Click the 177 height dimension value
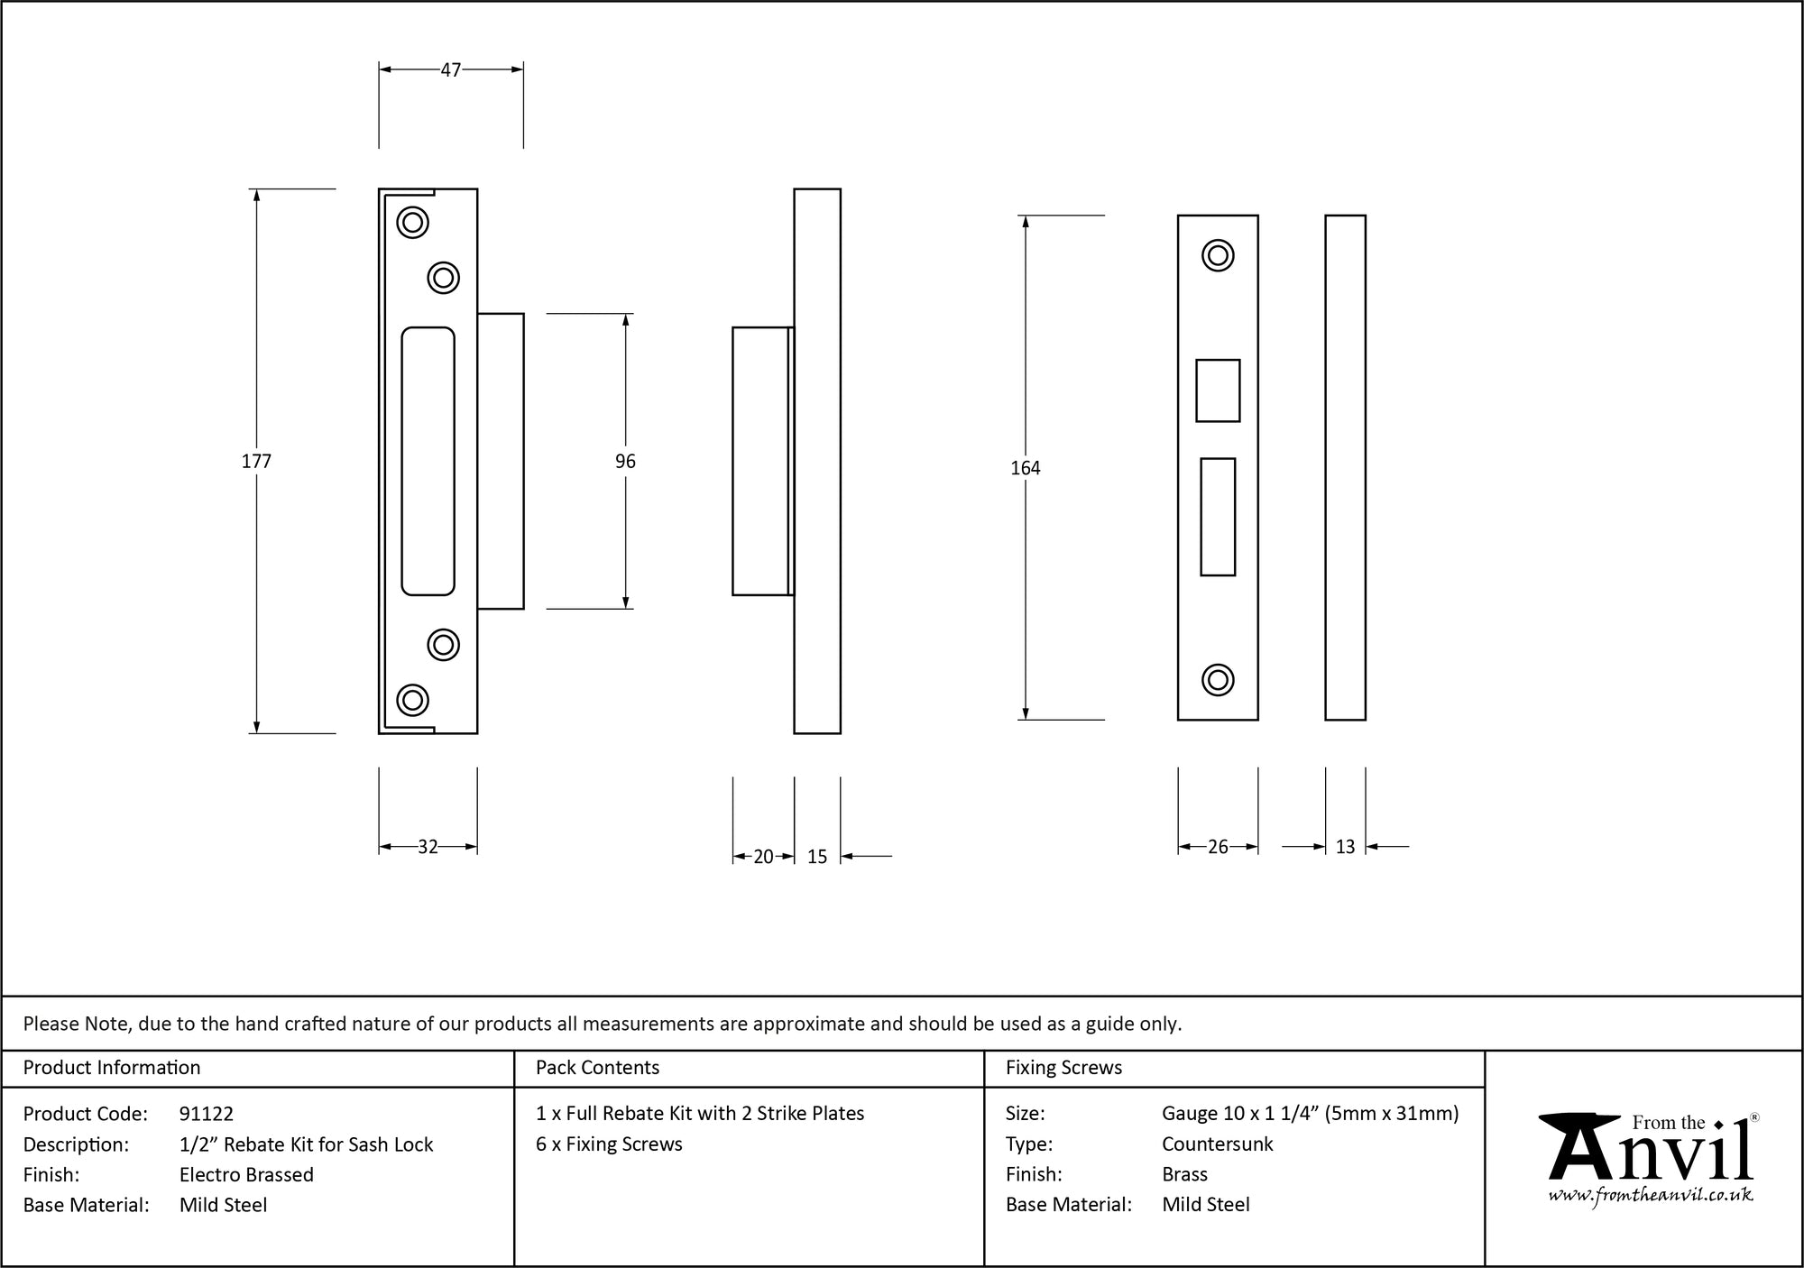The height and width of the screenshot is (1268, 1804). click(256, 462)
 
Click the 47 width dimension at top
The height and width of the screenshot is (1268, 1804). click(451, 69)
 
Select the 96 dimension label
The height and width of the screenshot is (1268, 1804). click(625, 462)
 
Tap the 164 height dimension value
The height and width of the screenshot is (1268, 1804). click(1026, 468)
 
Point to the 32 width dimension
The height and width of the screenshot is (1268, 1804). click(428, 847)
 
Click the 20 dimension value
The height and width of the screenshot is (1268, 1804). click(763, 857)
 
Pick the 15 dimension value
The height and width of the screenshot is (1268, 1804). click(817, 857)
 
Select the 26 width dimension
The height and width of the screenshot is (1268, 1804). click(1218, 847)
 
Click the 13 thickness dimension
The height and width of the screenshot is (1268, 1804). click(1345, 847)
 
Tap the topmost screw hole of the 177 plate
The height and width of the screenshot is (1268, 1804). click(413, 222)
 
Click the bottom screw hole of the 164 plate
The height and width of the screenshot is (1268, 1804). click(1218, 679)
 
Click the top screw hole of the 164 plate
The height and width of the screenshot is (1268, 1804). click(1218, 255)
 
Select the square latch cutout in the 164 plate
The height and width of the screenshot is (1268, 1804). click(1218, 391)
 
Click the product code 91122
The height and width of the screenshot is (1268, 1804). click(207, 1114)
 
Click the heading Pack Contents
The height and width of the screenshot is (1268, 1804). click(597, 1068)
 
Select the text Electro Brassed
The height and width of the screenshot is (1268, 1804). click(246, 1174)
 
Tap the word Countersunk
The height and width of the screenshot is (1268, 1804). click(1217, 1144)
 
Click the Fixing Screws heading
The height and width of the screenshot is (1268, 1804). click(1063, 1068)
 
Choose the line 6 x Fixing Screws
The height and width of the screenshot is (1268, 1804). click(609, 1144)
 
